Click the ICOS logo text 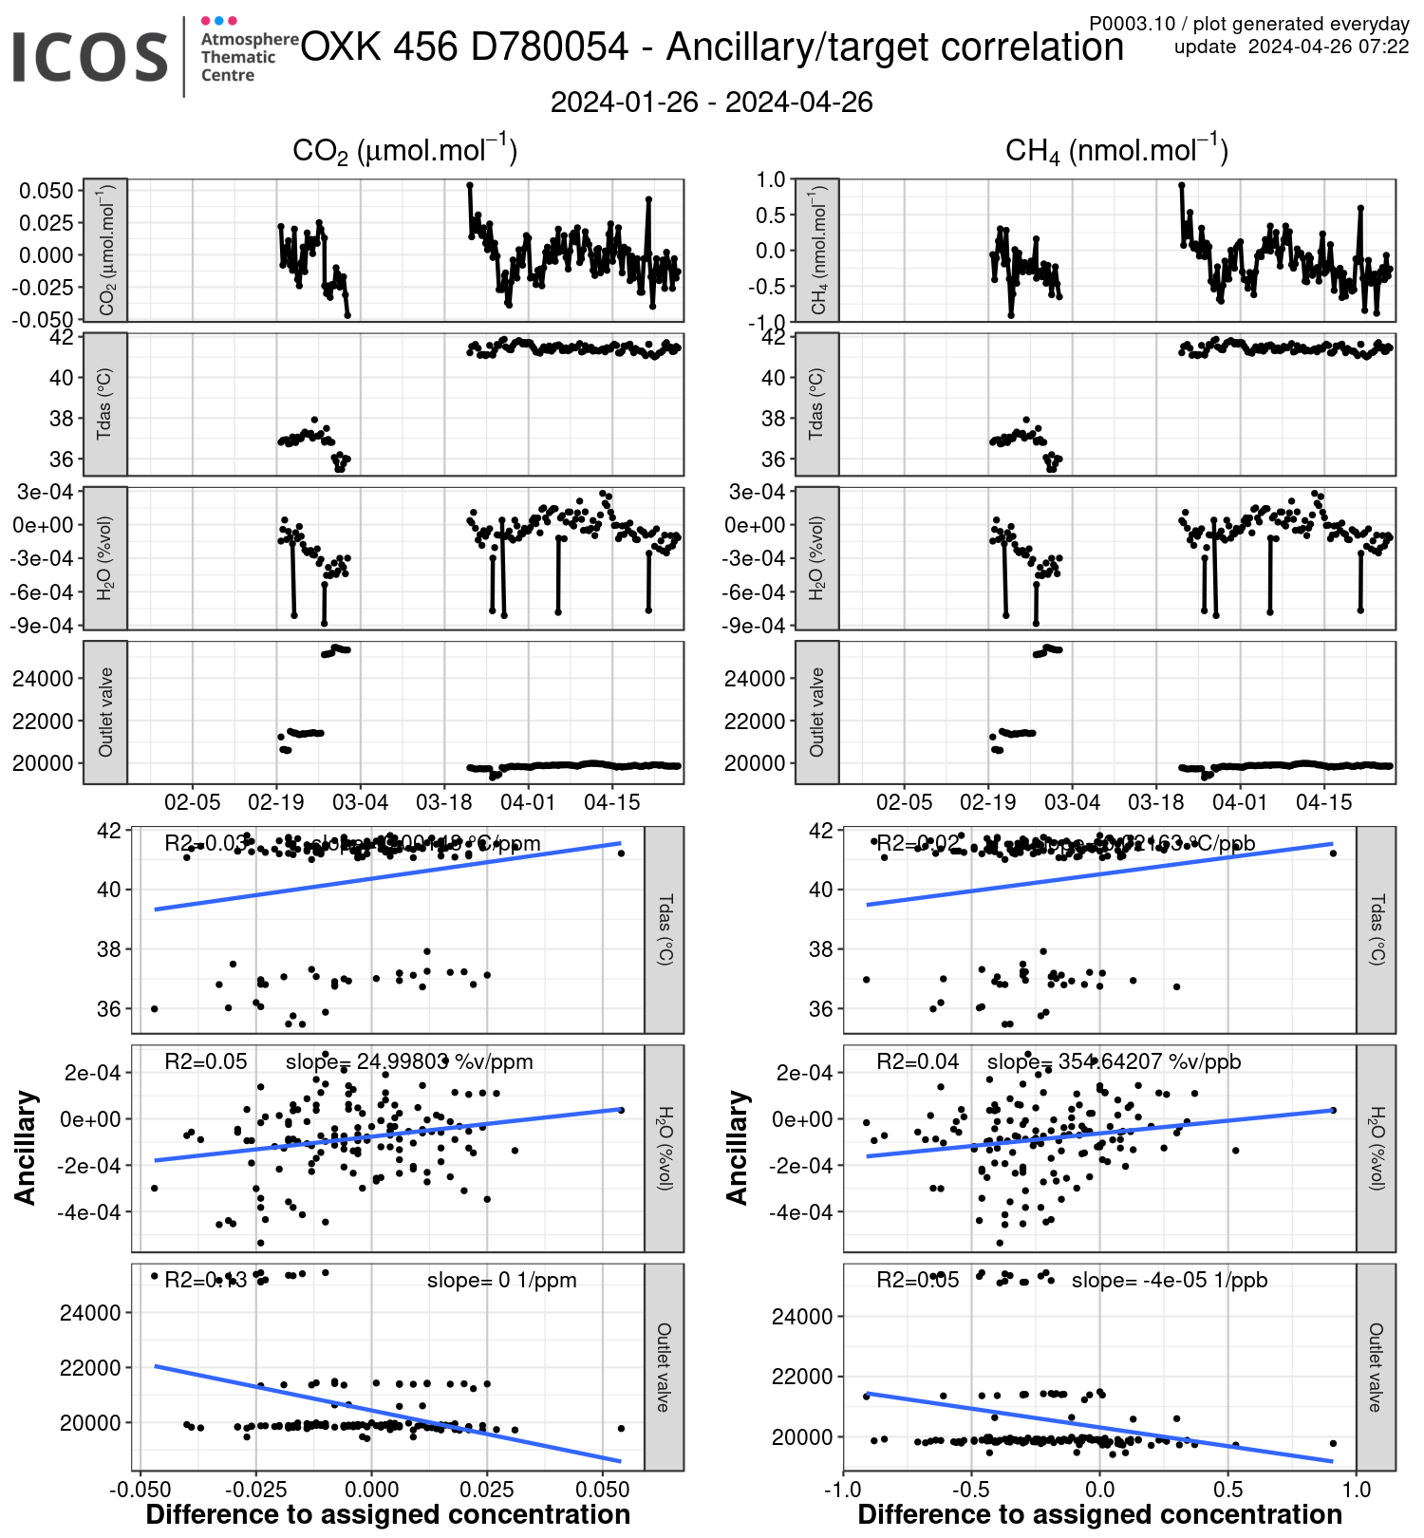click(90, 57)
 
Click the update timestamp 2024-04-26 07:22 click(1328, 47)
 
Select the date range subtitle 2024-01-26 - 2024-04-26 click(711, 103)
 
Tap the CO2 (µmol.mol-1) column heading click(404, 151)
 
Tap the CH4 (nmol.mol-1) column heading click(1116, 151)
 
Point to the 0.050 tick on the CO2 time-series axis click(46, 191)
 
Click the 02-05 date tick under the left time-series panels click(193, 802)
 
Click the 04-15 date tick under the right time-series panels click(1323, 802)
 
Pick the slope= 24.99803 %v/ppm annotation click(409, 1061)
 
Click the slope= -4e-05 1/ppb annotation click(1170, 1281)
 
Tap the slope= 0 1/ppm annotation click(501, 1281)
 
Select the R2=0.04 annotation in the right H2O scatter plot click(917, 1061)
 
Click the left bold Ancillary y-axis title click(26, 1148)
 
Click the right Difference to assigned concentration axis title click(1099, 1514)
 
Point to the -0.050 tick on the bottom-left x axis click(139, 1488)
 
